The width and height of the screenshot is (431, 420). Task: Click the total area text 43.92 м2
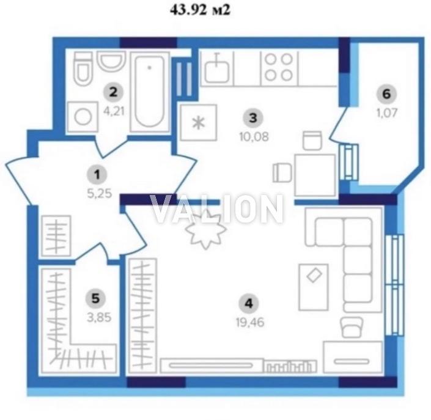(x=200, y=10)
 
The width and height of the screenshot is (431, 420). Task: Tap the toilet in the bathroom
(x=83, y=68)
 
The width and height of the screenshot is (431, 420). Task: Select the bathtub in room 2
(x=150, y=92)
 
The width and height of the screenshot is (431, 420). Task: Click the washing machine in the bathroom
(x=83, y=117)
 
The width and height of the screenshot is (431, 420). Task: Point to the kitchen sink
(x=217, y=68)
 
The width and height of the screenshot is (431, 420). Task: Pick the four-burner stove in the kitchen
(x=279, y=67)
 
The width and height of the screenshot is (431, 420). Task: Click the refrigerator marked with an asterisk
(x=199, y=123)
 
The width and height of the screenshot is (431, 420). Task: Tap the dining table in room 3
(x=315, y=175)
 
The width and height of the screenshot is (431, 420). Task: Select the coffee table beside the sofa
(x=314, y=287)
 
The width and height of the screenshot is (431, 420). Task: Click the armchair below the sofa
(x=352, y=327)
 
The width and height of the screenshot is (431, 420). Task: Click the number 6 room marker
(x=386, y=94)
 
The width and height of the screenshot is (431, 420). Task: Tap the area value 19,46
(x=250, y=322)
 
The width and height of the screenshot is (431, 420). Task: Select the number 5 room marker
(x=95, y=298)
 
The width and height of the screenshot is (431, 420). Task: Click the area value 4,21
(x=114, y=111)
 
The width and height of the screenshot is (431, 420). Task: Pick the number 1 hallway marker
(x=97, y=175)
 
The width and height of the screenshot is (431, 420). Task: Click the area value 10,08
(x=254, y=136)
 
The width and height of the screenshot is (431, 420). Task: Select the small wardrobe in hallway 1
(x=56, y=235)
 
